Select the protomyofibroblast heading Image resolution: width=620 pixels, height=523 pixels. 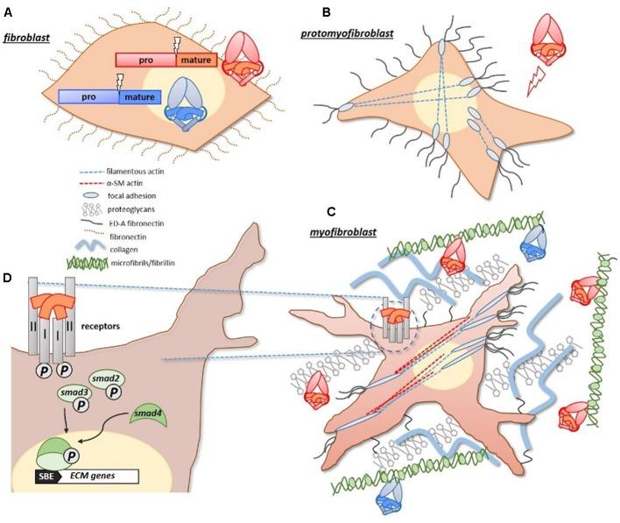pos(343,32)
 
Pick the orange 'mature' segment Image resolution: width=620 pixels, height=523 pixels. pos(199,61)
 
